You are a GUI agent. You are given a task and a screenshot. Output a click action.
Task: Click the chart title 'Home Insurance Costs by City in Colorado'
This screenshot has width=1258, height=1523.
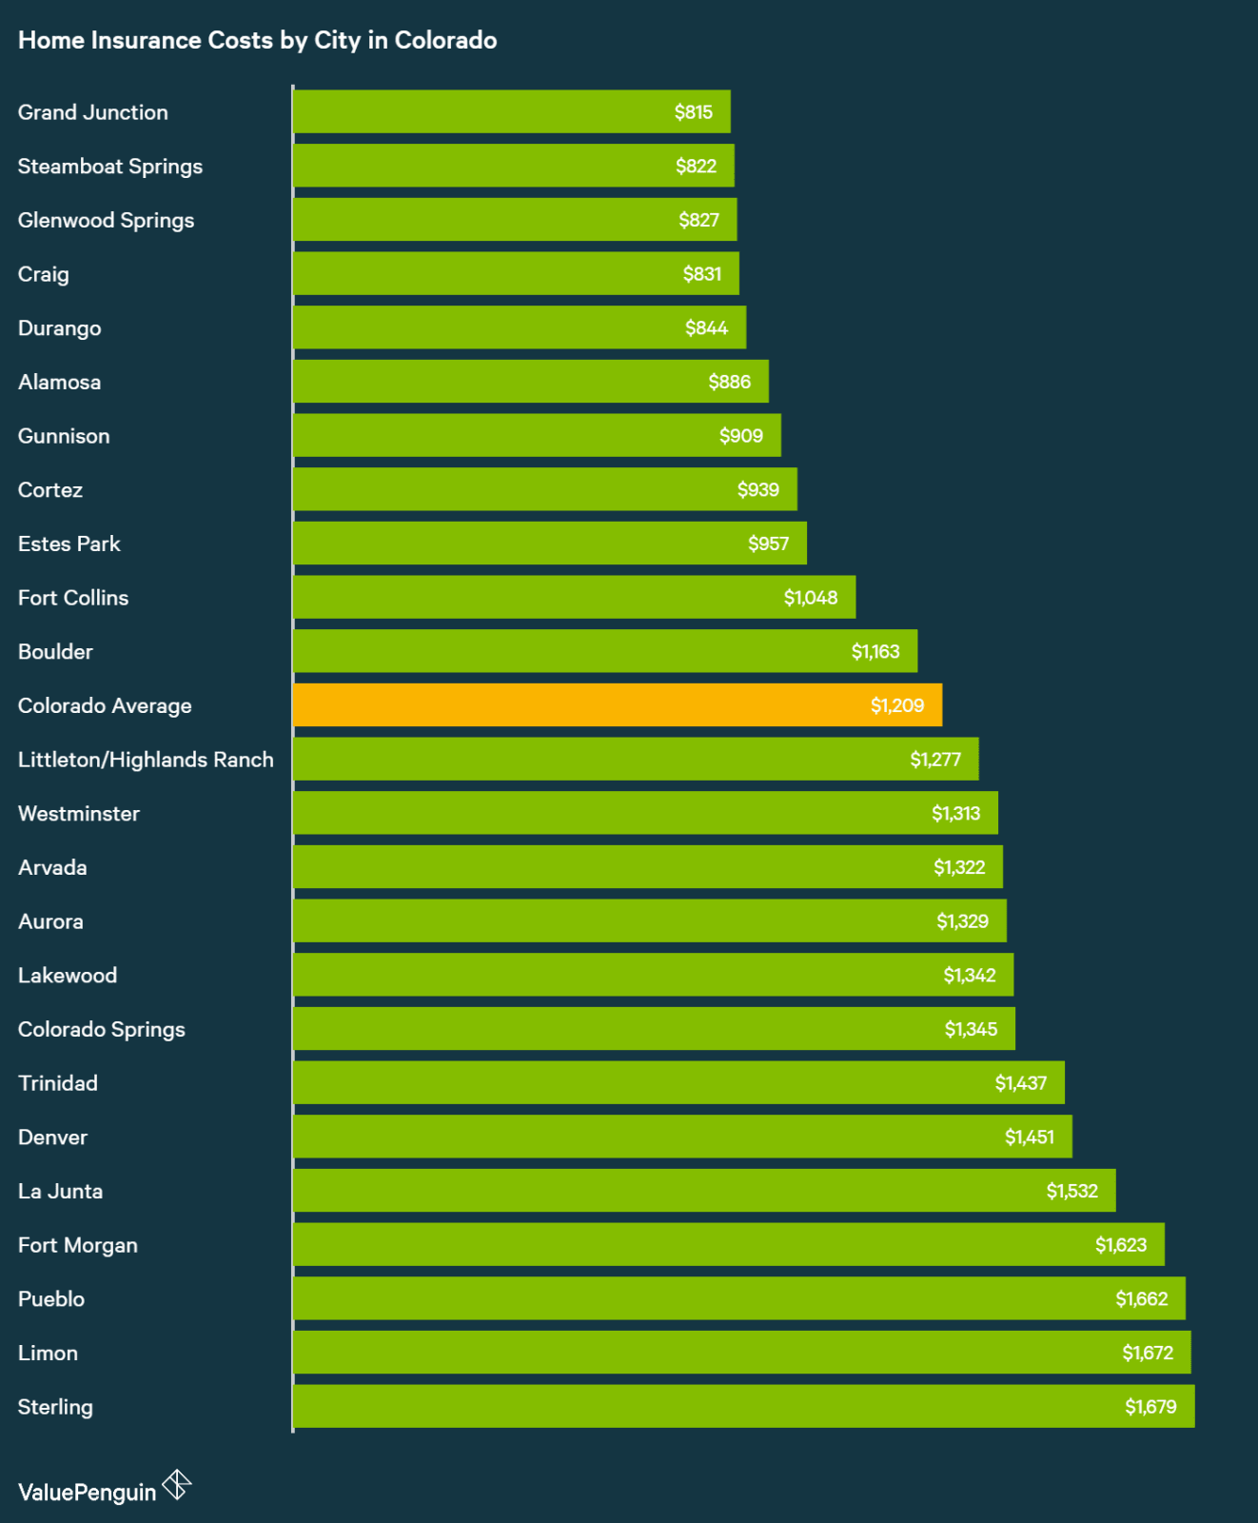[257, 40]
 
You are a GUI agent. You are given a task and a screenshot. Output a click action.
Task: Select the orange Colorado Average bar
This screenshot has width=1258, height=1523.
[617, 705]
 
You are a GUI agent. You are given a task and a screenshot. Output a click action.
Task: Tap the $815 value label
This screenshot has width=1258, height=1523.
[693, 112]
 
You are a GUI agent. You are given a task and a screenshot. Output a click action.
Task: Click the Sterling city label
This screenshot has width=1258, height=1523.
[55, 1407]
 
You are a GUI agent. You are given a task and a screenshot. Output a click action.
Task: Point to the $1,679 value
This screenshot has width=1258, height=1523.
[1150, 1407]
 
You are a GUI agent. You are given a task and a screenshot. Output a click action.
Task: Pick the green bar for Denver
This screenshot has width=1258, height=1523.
[681, 1137]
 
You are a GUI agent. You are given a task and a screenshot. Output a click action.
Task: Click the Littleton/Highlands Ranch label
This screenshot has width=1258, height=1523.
[146, 760]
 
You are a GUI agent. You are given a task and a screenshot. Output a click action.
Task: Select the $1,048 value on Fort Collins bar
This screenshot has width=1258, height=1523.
[810, 598]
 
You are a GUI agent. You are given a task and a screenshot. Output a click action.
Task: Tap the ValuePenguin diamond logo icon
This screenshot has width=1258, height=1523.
[177, 1485]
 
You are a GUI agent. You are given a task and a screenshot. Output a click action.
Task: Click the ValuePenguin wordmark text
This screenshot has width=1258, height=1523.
[87, 1493]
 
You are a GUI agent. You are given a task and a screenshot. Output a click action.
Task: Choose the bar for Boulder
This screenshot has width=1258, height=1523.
[604, 651]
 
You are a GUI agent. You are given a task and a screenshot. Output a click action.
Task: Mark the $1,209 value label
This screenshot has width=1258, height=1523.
[896, 705]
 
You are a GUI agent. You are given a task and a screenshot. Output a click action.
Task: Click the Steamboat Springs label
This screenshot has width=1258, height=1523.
[109, 167]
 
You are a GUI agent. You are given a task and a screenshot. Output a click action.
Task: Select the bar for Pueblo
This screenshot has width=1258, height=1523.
[738, 1298]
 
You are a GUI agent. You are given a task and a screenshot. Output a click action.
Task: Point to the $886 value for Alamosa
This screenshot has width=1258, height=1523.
[729, 382]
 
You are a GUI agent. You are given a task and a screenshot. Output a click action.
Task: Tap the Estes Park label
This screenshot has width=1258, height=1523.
[69, 544]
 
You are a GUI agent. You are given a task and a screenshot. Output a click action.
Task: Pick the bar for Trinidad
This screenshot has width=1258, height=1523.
[678, 1082]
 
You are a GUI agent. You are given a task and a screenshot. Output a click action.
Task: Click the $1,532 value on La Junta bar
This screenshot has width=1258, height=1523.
[1071, 1191]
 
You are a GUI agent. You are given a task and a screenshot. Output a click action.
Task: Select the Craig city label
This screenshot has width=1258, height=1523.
[43, 274]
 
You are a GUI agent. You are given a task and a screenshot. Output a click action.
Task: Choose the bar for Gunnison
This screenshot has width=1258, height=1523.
[537, 435]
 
